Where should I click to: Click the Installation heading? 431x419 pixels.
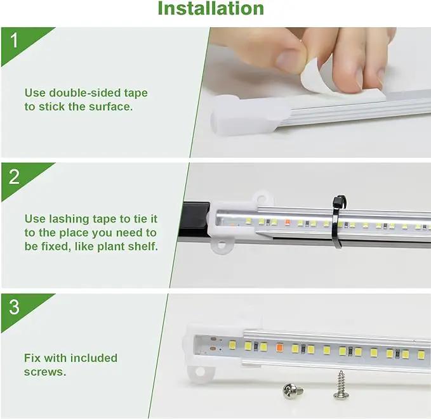211,8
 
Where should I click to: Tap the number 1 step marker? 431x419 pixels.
14,41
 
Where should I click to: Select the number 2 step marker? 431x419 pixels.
14,177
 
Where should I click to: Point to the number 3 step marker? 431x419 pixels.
14,307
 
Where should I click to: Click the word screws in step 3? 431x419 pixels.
45,372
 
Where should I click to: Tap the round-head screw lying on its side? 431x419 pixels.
293,391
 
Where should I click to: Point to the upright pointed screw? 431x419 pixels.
341,385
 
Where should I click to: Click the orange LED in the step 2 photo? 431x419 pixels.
288,222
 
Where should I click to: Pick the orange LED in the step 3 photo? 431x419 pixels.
280,347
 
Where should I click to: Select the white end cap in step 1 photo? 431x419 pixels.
248,115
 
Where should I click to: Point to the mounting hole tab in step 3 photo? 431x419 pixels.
201,371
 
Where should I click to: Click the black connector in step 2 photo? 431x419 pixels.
194,220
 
